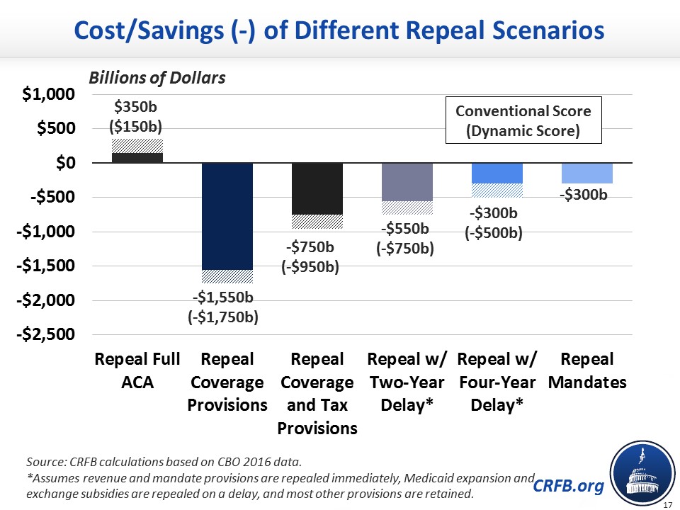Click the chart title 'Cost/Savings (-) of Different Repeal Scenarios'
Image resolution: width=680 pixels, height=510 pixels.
(340, 30)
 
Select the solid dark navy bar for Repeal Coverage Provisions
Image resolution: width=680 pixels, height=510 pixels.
(228, 216)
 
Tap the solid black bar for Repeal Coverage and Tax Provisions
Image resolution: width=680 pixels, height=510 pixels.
(317, 188)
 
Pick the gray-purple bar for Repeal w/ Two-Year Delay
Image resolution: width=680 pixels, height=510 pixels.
(407, 182)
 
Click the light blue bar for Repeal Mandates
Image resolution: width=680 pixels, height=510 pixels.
(587, 174)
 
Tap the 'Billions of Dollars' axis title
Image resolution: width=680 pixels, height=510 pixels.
(157, 78)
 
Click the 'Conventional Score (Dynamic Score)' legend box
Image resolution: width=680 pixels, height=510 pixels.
(523, 120)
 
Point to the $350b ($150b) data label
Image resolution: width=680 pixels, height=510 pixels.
(135, 117)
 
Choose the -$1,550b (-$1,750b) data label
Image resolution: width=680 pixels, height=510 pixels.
(223, 306)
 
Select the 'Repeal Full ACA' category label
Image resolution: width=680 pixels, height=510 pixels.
(138, 370)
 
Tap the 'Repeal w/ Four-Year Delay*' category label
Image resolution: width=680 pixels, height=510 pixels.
(496, 382)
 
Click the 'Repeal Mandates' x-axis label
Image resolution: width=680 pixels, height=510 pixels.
(587, 370)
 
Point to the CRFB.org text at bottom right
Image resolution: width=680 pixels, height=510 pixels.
(569, 485)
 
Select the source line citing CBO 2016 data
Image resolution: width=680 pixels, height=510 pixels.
(164, 463)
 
